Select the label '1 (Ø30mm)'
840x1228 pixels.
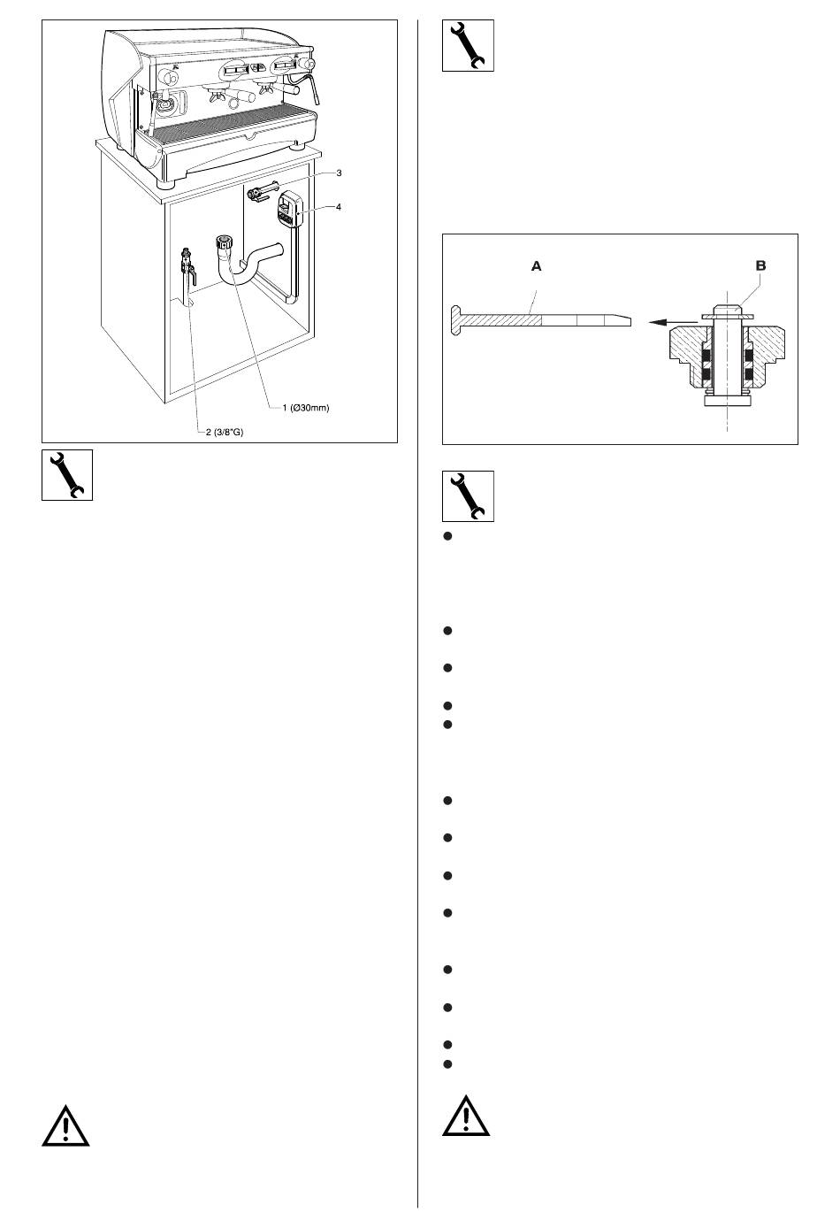tap(305, 408)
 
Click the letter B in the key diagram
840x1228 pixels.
tap(761, 265)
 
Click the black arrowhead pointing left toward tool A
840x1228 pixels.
tap(655, 323)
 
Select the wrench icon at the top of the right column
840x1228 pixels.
tap(468, 46)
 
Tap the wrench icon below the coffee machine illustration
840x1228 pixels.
tap(67, 475)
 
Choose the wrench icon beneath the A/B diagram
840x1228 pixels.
tap(468, 495)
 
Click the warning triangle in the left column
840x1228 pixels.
tap(65, 1124)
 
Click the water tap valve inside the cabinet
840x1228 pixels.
tap(187, 263)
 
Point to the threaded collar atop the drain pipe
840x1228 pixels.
tap(223, 242)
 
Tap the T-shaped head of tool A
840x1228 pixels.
tap(454, 319)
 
